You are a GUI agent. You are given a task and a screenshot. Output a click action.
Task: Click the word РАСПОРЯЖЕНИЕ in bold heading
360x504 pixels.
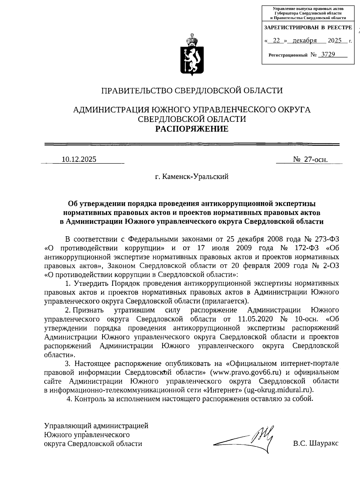click(x=191, y=129)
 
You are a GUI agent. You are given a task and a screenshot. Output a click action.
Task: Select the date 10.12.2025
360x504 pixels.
click(x=79, y=160)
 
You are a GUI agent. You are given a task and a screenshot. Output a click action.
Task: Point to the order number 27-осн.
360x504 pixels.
click(x=315, y=160)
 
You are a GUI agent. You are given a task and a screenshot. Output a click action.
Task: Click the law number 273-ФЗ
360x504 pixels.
click(x=327, y=239)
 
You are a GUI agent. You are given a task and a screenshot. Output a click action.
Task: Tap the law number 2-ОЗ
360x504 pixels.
click(x=331, y=266)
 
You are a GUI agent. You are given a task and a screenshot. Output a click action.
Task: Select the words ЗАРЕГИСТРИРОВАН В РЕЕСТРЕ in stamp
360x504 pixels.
click(x=308, y=28)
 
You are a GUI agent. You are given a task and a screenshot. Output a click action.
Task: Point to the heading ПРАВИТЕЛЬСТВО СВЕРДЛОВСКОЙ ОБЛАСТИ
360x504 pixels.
click(x=192, y=91)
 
